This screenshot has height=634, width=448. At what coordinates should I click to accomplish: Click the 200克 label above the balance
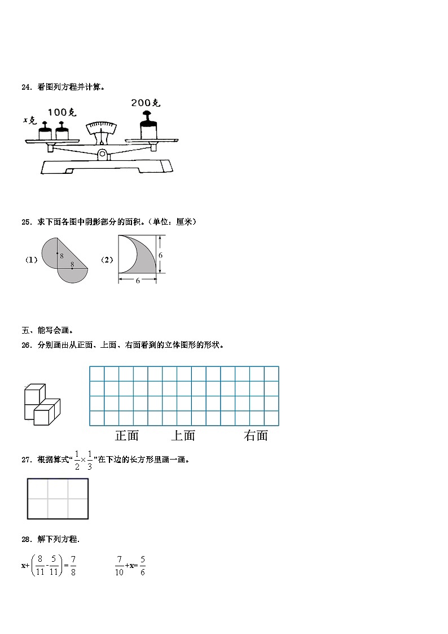(x=146, y=103)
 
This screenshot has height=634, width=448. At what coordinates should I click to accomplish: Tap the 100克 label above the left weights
(x=62, y=113)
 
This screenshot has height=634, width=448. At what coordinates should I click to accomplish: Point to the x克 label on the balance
(x=30, y=120)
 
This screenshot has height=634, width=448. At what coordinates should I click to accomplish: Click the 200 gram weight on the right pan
(x=148, y=125)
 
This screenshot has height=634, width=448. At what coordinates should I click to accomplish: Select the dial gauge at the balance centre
(x=101, y=129)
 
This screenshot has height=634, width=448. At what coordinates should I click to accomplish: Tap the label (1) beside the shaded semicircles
(x=31, y=260)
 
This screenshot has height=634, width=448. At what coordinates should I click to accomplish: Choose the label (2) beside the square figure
(x=107, y=260)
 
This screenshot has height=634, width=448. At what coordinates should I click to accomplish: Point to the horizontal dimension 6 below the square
(x=138, y=281)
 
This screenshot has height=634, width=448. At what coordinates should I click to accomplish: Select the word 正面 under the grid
(x=127, y=435)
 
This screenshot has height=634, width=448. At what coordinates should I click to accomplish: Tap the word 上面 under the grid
(x=183, y=435)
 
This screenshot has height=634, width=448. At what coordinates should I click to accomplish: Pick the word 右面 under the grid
(x=256, y=435)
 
